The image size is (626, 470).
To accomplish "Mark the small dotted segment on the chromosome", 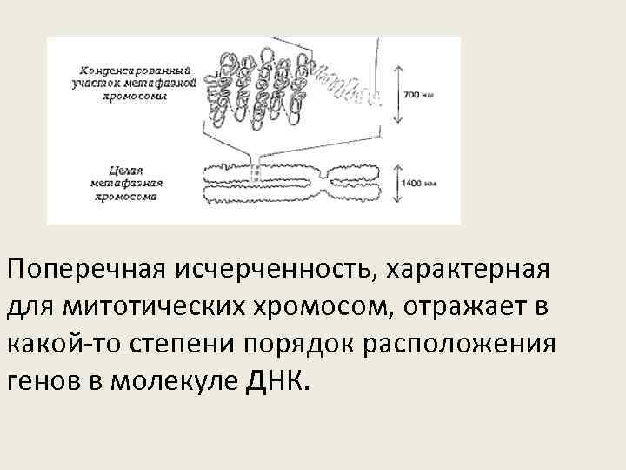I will tap(256, 175).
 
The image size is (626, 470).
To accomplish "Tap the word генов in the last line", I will tap(44, 381).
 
